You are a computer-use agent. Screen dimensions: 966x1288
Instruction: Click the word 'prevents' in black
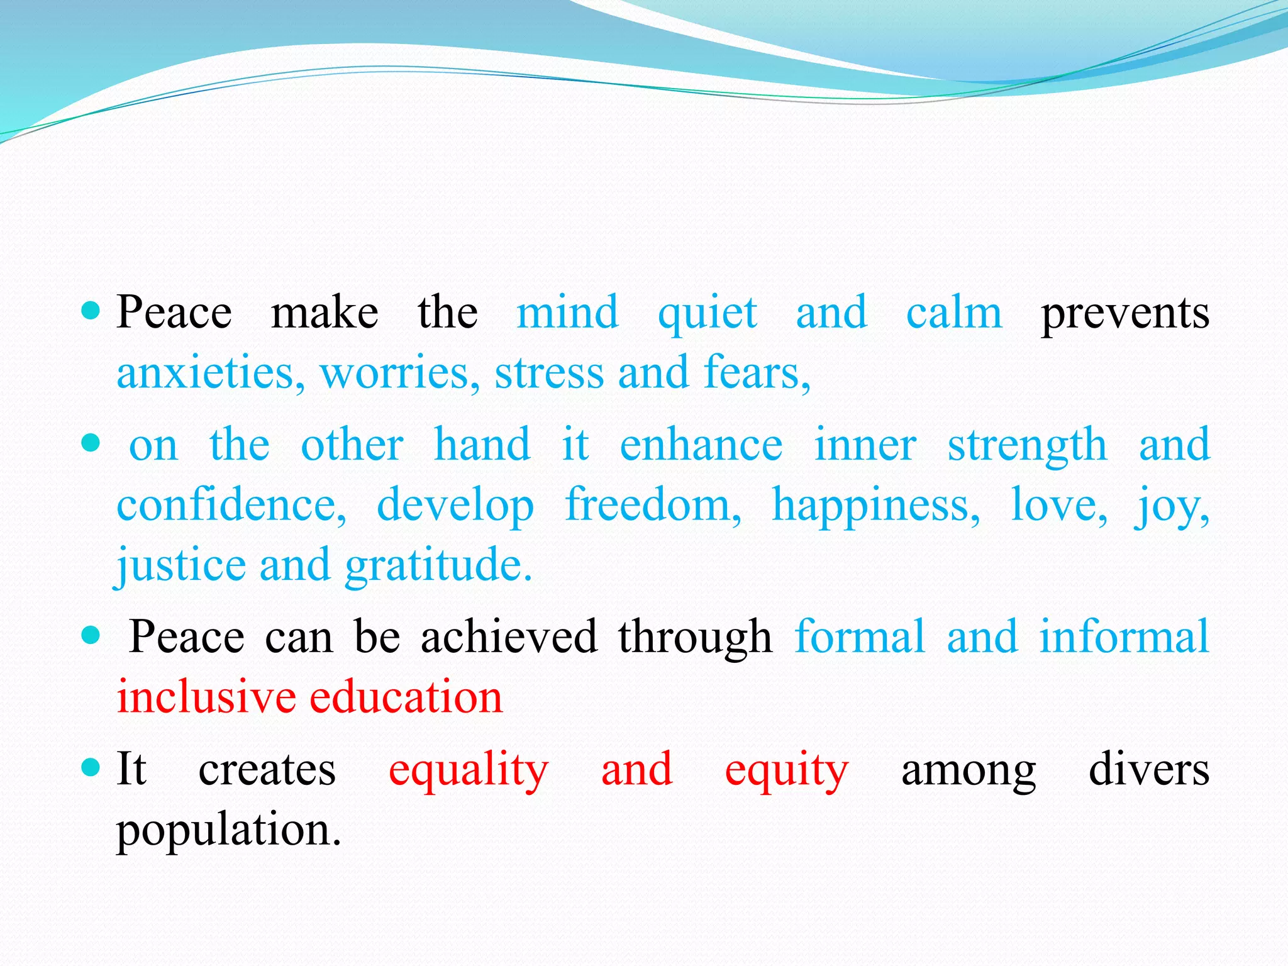tap(1124, 313)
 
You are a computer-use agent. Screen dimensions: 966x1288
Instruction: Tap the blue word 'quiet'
tap(707, 313)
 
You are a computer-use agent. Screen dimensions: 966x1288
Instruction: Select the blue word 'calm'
tap(953, 313)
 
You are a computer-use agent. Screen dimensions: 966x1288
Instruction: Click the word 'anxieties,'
tap(211, 373)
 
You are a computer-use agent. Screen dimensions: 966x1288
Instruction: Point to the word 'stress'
tap(549, 373)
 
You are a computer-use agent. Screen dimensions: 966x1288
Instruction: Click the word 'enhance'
tap(701, 445)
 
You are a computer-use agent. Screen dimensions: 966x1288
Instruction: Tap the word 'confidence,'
tap(231, 505)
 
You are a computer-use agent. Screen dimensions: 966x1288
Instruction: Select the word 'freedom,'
tap(653, 505)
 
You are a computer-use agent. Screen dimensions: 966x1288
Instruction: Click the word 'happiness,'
tap(875, 505)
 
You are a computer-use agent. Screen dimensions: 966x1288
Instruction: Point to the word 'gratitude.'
tap(438, 565)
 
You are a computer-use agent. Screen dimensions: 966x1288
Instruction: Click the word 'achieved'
tap(508, 636)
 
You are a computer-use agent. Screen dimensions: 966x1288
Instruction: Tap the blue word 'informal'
tap(1124, 636)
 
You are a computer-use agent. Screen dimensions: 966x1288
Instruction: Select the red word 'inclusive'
tap(206, 697)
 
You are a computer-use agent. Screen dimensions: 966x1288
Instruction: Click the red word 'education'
tap(406, 697)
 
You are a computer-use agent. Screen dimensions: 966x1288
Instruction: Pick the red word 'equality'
tap(469, 770)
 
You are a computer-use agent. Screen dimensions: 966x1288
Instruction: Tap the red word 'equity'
tap(786, 770)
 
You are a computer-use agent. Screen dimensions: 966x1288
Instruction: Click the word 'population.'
tap(229, 830)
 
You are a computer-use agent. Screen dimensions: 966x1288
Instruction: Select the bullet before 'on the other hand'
tap(91, 443)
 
